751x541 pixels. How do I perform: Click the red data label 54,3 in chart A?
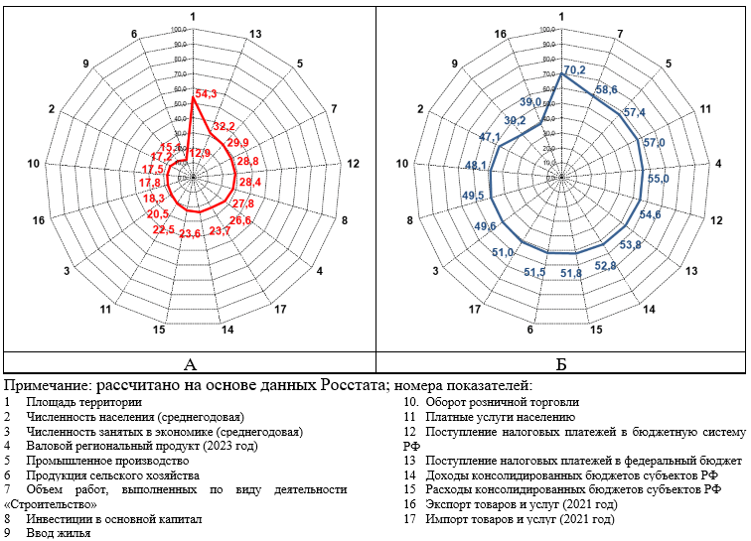[x=208, y=94]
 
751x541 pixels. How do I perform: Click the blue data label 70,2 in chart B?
[x=574, y=70]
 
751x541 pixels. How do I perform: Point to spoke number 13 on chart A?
[x=256, y=35]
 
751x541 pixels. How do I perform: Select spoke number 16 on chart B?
[x=501, y=35]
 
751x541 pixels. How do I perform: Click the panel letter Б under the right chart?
[x=561, y=364]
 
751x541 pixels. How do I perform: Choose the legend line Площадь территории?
[x=83, y=402]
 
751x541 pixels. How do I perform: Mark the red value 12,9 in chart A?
[x=200, y=153]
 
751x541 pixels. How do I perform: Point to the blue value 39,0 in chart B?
[x=530, y=102]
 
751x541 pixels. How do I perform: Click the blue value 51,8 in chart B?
[x=571, y=273]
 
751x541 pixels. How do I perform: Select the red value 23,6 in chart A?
[x=190, y=233]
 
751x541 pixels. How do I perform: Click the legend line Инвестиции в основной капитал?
[x=114, y=518]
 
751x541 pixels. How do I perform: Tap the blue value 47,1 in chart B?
[x=490, y=137]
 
